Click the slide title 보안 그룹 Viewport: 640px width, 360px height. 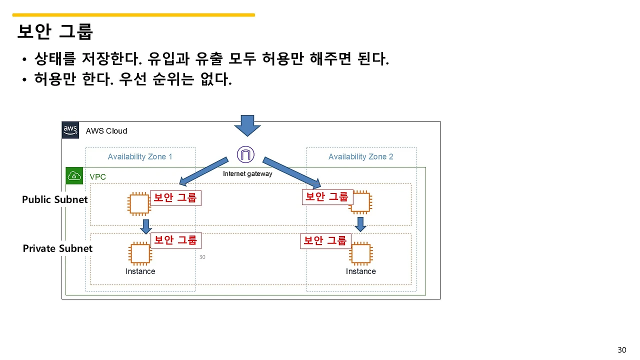point(55,31)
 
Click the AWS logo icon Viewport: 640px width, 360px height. point(70,130)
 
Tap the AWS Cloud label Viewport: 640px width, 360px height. point(106,131)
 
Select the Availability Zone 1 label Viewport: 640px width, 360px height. point(140,156)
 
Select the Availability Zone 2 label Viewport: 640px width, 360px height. point(360,156)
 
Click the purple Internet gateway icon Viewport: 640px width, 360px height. point(245,154)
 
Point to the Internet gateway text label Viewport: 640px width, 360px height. point(247,174)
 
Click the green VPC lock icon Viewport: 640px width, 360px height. point(74,176)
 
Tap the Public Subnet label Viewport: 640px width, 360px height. point(54,199)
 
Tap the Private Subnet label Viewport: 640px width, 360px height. point(57,248)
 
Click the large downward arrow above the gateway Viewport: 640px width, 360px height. point(247,125)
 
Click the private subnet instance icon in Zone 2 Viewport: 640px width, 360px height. point(360,253)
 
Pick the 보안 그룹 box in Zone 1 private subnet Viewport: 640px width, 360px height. point(175,240)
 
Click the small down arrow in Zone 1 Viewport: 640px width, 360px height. point(145,226)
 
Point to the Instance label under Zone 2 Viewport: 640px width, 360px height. point(360,271)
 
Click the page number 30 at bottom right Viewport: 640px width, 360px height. point(622,349)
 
